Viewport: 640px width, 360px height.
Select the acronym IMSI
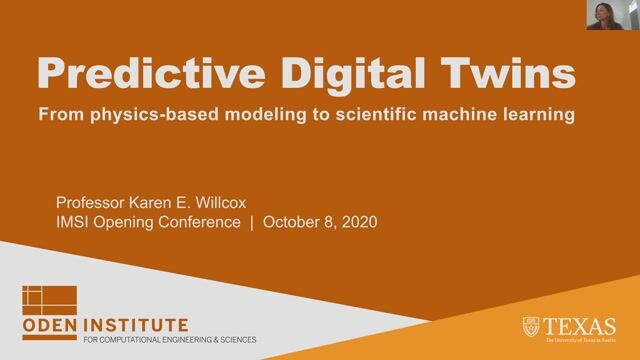coord(76,222)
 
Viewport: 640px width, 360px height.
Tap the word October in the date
coord(291,222)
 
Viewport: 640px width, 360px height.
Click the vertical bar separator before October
coord(251,222)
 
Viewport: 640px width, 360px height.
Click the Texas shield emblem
coord(533,326)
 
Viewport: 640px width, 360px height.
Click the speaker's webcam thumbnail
coord(612,15)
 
